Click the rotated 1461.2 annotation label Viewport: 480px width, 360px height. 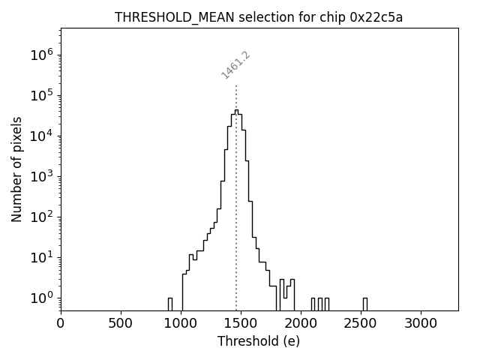point(235,65)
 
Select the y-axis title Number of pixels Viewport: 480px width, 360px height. point(16,169)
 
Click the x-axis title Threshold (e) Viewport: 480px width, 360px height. point(259,341)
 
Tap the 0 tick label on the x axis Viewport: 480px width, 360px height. point(61,323)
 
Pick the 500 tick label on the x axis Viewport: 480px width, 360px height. point(121,323)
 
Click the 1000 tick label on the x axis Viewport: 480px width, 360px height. point(181,323)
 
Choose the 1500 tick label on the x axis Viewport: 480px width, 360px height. point(241,323)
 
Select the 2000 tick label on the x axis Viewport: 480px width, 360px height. point(301,323)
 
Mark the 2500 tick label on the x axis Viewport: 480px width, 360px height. point(361,323)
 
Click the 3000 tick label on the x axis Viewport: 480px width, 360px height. point(421,323)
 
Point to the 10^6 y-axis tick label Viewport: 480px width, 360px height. point(41,55)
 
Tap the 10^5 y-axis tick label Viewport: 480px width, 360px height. point(41,95)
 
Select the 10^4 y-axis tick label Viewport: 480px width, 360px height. point(41,136)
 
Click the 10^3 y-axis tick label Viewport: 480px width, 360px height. point(41,176)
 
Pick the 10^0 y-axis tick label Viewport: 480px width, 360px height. point(41,298)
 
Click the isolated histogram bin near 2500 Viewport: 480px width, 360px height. point(364,304)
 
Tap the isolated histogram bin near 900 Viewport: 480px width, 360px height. point(169,304)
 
